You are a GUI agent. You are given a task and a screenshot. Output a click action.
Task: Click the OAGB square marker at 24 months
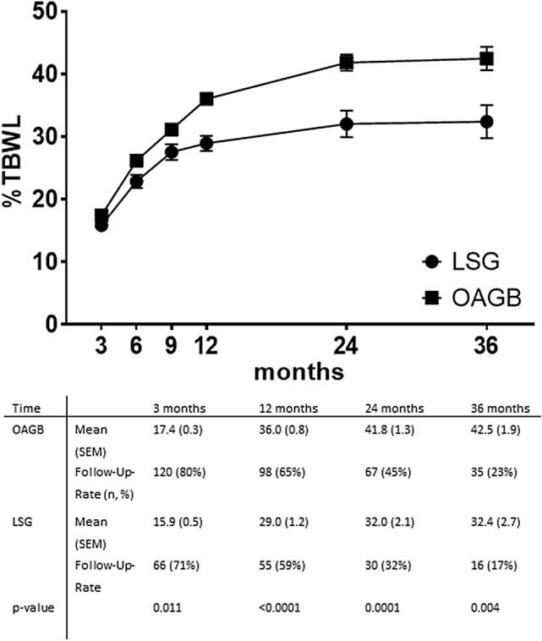tap(347, 62)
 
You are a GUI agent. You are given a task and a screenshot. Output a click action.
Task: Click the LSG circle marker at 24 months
tap(347, 123)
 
